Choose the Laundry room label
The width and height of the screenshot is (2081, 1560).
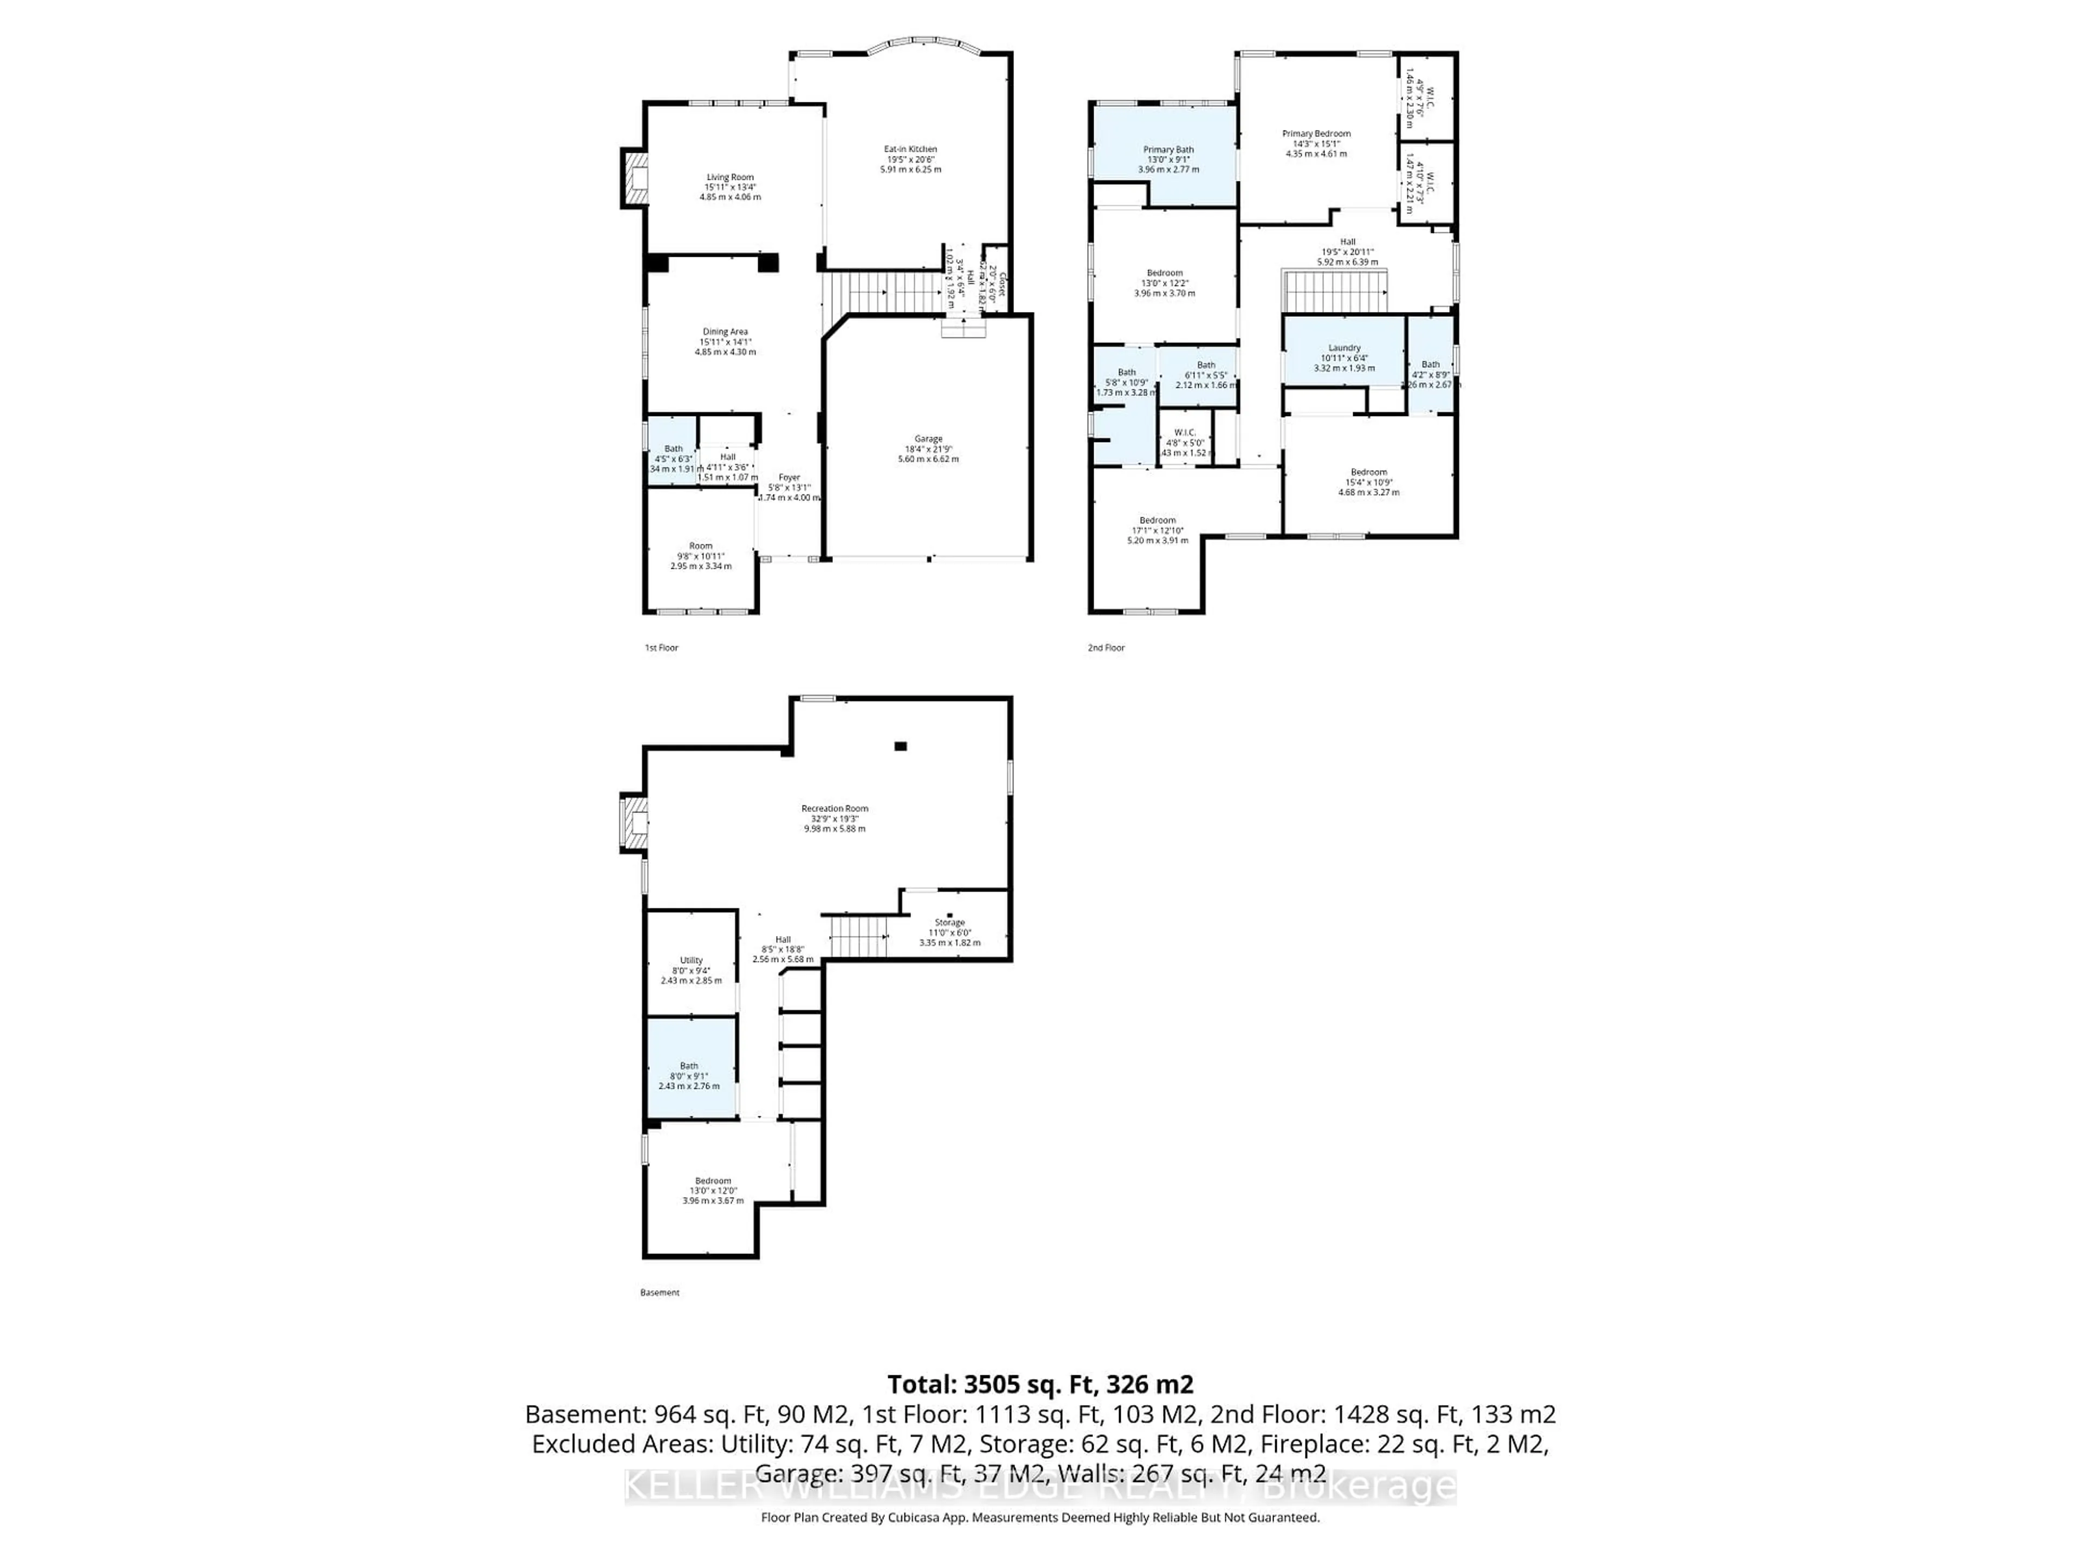tap(1345, 348)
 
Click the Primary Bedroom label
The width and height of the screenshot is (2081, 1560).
tap(1316, 134)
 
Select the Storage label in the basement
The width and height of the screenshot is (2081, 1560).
tap(949, 922)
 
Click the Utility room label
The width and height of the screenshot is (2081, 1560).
tap(691, 960)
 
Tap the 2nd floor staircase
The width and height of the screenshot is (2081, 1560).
tap(1335, 291)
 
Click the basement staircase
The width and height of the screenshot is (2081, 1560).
tap(857, 937)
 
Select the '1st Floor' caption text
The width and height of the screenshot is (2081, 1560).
tap(661, 648)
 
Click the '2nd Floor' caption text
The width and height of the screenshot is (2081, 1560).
tap(1107, 648)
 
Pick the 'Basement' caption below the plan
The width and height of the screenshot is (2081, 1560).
tap(660, 1293)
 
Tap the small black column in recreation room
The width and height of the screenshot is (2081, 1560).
tap(900, 746)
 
